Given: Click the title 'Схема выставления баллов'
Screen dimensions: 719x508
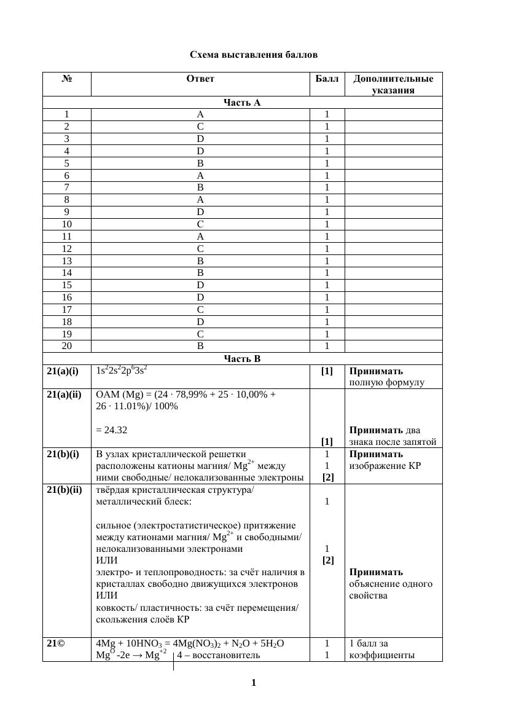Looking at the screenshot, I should click(x=253, y=55).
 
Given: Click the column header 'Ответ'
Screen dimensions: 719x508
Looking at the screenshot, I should click(x=200, y=79).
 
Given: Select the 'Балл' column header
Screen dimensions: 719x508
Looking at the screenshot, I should click(x=327, y=79).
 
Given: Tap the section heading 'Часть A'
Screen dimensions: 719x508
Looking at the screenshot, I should click(x=242, y=103).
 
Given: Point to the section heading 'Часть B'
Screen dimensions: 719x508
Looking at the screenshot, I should click(x=242, y=359).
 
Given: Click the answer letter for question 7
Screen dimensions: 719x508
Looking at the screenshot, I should click(x=200, y=187).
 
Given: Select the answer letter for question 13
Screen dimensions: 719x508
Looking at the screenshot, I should click(x=200, y=261).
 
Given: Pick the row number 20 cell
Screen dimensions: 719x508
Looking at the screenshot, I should click(x=66, y=346).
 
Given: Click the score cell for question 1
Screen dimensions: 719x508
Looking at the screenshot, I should click(x=327, y=114).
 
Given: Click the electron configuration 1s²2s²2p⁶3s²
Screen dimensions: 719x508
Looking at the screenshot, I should click(x=122, y=371).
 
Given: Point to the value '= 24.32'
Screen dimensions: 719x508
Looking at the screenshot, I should click(x=112, y=430).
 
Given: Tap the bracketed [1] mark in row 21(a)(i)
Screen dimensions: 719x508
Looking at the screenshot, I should click(x=327, y=371).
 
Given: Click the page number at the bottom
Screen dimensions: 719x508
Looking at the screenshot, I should click(x=254, y=683).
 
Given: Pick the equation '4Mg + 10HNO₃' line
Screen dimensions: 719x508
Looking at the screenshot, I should click(x=190, y=643).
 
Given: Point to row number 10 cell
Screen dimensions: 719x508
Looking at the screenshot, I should click(x=66, y=224).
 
